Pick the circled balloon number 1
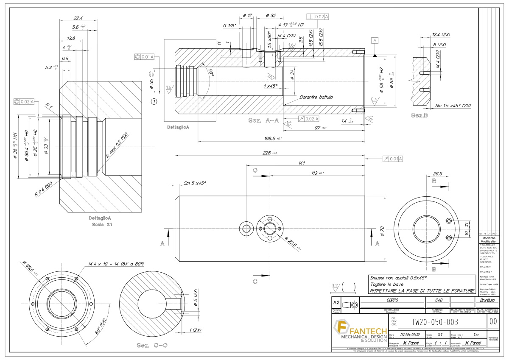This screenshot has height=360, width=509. (x=154, y=101)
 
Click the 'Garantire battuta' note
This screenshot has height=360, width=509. (x=316, y=97)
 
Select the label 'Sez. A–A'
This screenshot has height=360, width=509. (x=263, y=120)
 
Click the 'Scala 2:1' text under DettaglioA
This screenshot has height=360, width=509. (x=100, y=224)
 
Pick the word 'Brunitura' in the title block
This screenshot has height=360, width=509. (x=489, y=301)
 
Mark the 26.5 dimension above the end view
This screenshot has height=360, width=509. (x=437, y=173)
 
